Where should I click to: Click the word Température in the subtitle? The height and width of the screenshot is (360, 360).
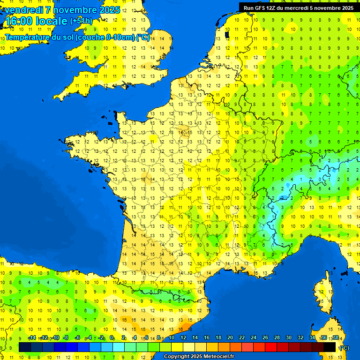click(28, 37)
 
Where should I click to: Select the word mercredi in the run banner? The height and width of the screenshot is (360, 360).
click(300, 8)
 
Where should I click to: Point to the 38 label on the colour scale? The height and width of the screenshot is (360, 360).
click(336, 337)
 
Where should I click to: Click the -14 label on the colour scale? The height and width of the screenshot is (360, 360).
click(32, 337)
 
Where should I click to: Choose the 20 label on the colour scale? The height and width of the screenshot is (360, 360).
click(230, 337)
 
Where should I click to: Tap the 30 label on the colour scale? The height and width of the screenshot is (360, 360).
click(289, 337)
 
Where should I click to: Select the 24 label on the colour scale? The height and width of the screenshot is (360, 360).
click(254, 337)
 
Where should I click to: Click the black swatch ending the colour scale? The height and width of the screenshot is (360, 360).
click(330, 347)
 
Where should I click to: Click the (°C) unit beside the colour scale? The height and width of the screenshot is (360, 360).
click(344, 347)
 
